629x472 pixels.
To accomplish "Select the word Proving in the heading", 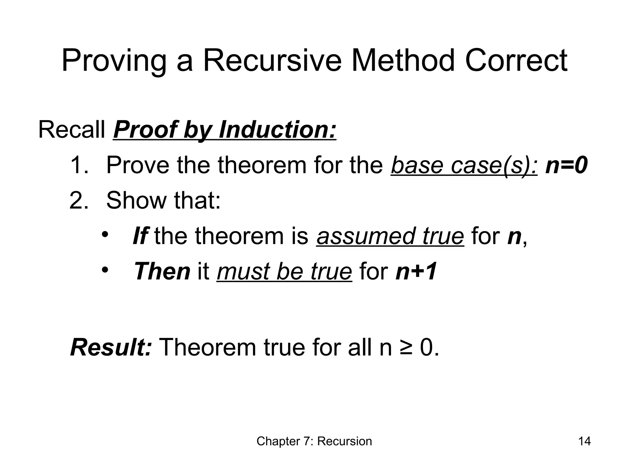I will click(x=114, y=61).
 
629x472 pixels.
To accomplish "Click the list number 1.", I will click(x=79, y=165).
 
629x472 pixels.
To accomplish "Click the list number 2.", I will click(x=79, y=200).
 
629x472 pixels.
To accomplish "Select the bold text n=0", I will click(x=566, y=165).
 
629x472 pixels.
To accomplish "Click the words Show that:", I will click(x=163, y=200).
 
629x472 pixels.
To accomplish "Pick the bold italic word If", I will click(x=140, y=236).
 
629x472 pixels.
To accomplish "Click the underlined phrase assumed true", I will click(x=390, y=236).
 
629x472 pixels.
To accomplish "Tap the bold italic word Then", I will click(x=162, y=271).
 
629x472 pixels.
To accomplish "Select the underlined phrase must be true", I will click(x=284, y=271).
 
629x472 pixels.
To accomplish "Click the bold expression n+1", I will click(x=416, y=271).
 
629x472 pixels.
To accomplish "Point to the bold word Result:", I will click(x=111, y=347).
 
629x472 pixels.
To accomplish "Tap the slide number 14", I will click(x=584, y=441).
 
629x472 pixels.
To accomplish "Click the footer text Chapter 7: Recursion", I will click(x=314, y=441).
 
